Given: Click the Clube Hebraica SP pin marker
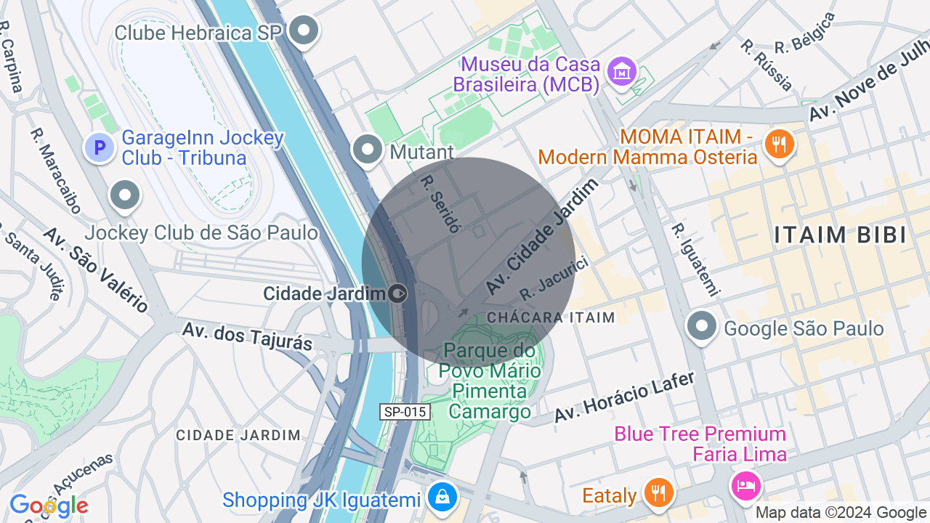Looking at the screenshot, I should (304, 31).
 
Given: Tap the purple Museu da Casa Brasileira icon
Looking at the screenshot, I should (622, 71).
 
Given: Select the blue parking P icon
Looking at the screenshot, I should (100, 147).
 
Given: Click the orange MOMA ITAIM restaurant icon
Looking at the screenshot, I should (778, 143).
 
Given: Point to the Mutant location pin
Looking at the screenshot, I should (368, 150).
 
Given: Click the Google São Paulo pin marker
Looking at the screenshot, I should (702, 326).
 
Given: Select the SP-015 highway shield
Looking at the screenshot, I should (405, 412).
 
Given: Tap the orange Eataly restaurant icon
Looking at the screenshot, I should (659, 493).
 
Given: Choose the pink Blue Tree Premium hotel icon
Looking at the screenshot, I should (746, 484).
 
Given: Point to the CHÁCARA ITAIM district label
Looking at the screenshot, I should (551, 317).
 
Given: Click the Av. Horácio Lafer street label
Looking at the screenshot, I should (624, 397).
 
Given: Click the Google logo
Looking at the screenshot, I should (49, 506).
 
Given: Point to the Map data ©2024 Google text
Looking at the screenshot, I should (841, 513).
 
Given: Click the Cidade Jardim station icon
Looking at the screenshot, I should (397, 293).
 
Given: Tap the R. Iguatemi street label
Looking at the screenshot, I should (694, 260).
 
